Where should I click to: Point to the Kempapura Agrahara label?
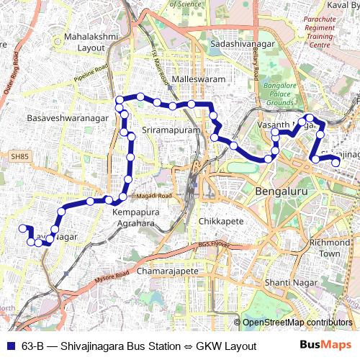(134, 218)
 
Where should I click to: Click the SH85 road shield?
(19, 156)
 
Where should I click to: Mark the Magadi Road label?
(156, 196)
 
